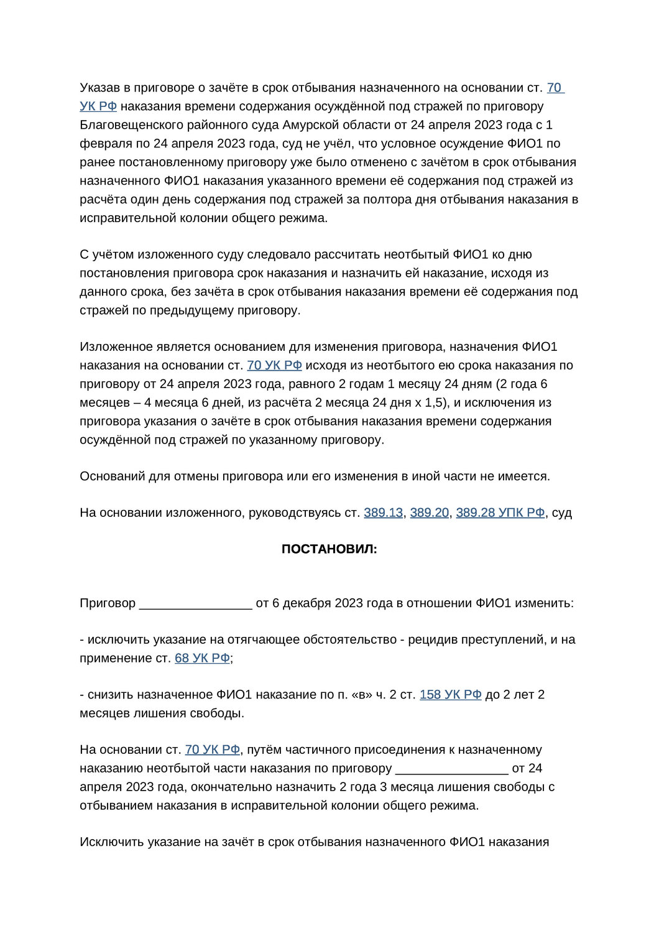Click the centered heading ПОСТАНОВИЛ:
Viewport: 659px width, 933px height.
(329, 549)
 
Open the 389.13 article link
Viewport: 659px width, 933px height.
(383, 513)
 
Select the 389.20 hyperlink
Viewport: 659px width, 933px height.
(429, 513)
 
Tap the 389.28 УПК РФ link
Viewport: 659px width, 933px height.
(500, 513)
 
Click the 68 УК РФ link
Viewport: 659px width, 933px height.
(202, 658)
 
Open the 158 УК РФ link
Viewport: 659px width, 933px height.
(450, 695)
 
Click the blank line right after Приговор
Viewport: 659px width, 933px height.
(196, 603)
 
